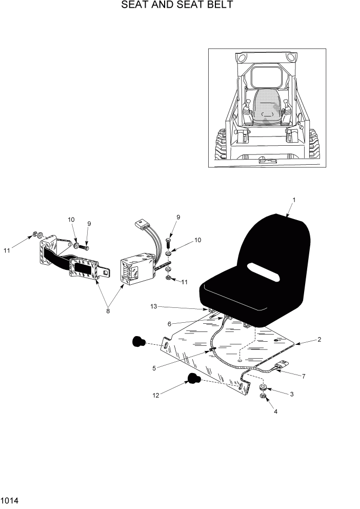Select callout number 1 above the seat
[x=294, y=199]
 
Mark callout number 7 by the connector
[x=304, y=376]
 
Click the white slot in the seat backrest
[x=262, y=271]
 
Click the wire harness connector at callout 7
[x=279, y=367]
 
